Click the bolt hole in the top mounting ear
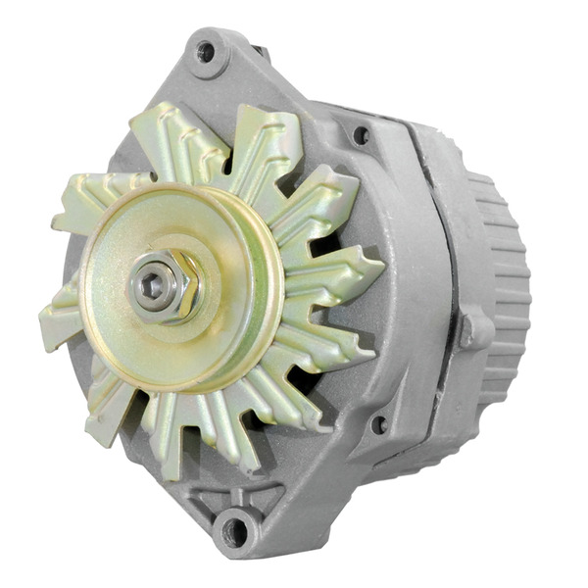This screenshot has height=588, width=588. [x=207, y=51]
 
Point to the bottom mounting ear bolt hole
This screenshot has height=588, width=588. [x=234, y=532]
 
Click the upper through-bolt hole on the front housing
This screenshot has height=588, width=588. [x=361, y=135]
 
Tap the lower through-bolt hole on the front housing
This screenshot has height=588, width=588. [x=379, y=424]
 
